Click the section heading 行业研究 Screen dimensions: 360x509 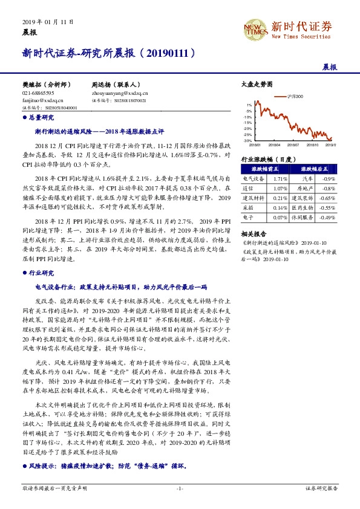pyautogui.click(x=41, y=273)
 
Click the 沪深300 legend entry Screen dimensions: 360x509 pyautogui.click(x=295, y=96)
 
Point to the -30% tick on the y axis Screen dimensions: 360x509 pyautogui.click(x=248, y=140)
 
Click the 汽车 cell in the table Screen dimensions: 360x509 pyautogui.click(x=307, y=179)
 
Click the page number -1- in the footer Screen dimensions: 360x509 pyautogui.click(x=180, y=488)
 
